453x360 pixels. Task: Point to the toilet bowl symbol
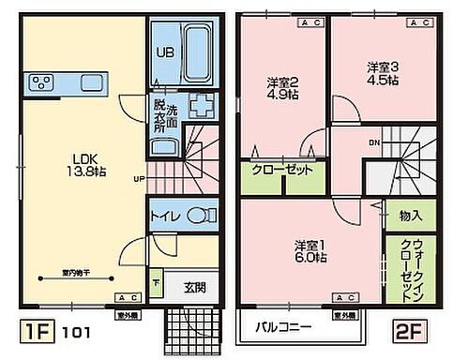199,214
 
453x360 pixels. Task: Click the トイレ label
166,215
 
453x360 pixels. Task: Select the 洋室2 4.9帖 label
280,85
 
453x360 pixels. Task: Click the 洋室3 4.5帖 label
382,73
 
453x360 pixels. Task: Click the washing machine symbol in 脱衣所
198,104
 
